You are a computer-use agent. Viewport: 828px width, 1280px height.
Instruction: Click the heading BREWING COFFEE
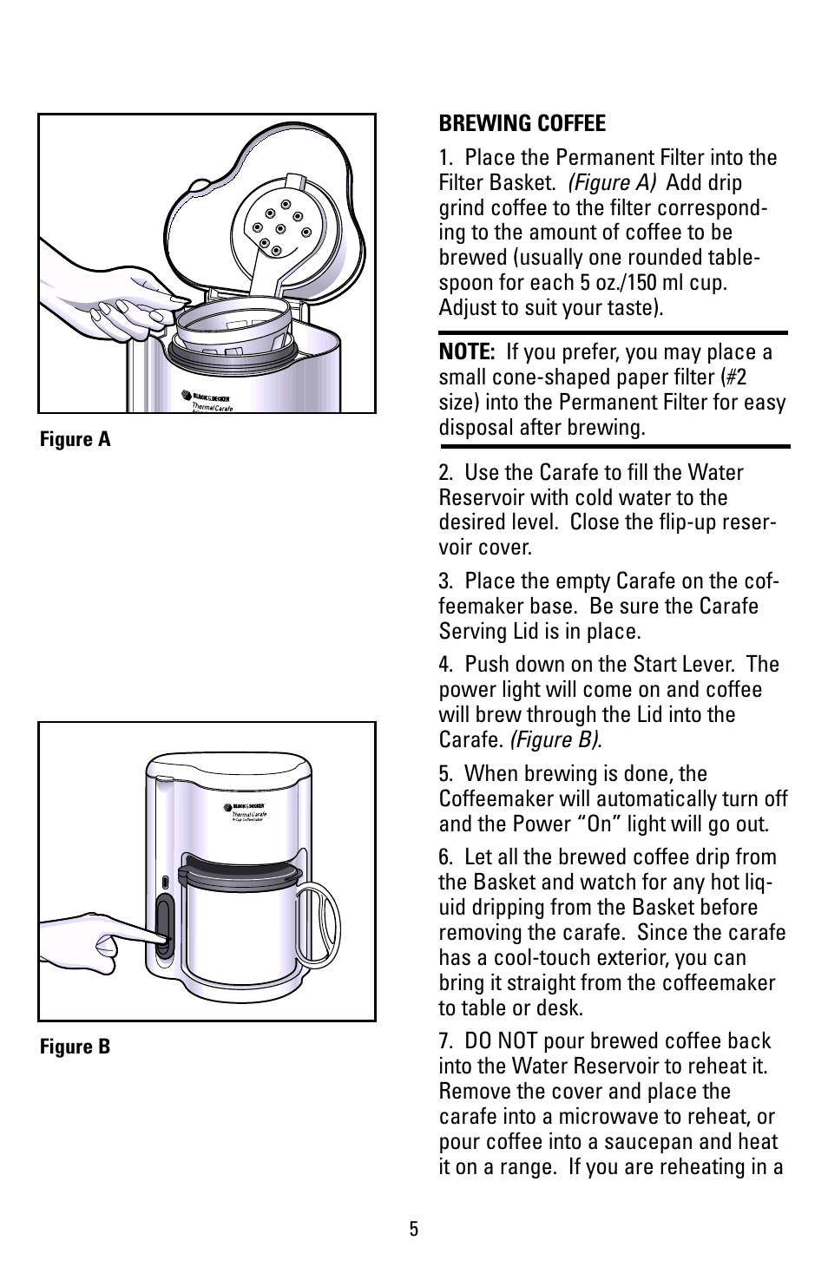pos(522,123)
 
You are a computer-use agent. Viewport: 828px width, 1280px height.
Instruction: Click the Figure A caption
pos(76,439)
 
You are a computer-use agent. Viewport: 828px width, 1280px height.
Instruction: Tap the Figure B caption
pos(76,1047)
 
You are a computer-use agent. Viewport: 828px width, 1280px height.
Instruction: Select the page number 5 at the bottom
pos(414,1229)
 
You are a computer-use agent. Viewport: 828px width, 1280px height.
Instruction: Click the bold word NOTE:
pos(466,352)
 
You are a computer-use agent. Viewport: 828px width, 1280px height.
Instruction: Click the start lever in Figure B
pos(163,925)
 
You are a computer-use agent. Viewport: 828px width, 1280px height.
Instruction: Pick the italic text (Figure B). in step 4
pos(555,740)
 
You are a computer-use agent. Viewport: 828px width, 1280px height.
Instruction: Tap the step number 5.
pos(444,774)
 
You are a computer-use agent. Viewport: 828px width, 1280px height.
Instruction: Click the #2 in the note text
pos(736,377)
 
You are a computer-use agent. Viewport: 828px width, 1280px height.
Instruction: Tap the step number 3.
pos(444,581)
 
